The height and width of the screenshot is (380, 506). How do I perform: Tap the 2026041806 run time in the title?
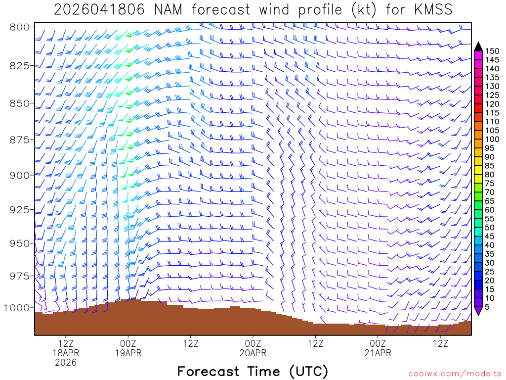pyautogui.click(x=99, y=9)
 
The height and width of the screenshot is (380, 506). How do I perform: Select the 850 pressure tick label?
pyautogui.click(x=20, y=103)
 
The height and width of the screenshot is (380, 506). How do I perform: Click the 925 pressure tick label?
pyautogui.click(x=20, y=210)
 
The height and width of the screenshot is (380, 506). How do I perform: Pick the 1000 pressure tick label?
pyautogui.click(x=16, y=308)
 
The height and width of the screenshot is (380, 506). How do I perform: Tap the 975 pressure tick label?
pyautogui.click(x=20, y=276)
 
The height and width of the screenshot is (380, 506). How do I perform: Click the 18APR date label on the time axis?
pyautogui.click(x=66, y=353)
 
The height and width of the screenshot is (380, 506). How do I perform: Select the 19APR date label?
pyautogui.click(x=128, y=353)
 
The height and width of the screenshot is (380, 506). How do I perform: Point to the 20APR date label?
pyautogui.click(x=253, y=353)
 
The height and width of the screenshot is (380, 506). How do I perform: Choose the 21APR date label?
pyautogui.click(x=378, y=353)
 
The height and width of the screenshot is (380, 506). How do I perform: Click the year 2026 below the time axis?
pyautogui.click(x=66, y=362)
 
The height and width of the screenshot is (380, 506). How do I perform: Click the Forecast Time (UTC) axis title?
pyautogui.click(x=253, y=371)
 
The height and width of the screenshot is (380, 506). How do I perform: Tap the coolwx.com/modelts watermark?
pyautogui.click(x=454, y=373)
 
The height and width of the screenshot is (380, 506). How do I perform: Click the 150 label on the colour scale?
pyautogui.click(x=492, y=50)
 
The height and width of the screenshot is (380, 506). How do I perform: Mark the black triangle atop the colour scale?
pyautogui.click(x=478, y=47)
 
